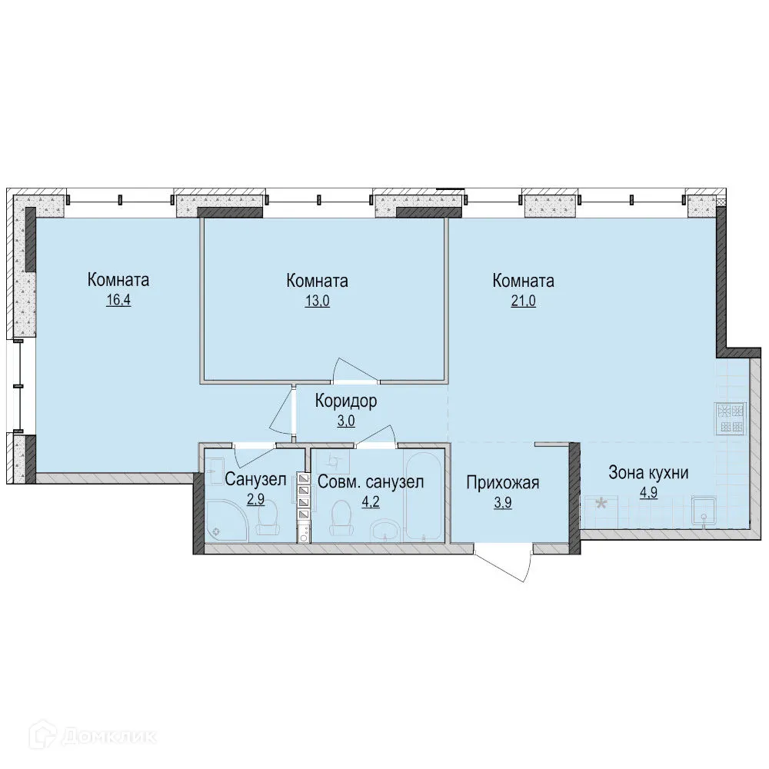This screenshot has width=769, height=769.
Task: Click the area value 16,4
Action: pyautogui.click(x=118, y=300)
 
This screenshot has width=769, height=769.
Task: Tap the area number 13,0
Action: pyautogui.click(x=318, y=301)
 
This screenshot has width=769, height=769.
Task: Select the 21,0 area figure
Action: pyautogui.click(x=523, y=301)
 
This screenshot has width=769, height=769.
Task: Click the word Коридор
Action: pyautogui.click(x=346, y=401)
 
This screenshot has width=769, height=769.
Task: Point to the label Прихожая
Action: pyautogui.click(x=503, y=483)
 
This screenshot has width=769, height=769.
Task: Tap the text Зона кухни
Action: pyautogui.click(x=648, y=472)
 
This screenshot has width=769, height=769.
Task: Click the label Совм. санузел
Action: pyautogui.click(x=371, y=482)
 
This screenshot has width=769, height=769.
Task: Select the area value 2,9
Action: pyautogui.click(x=255, y=500)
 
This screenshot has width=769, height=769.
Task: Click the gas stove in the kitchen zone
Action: pyautogui.click(x=731, y=418)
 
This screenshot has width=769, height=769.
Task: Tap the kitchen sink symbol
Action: pyautogui.click(x=704, y=511)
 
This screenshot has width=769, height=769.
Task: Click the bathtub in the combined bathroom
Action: pyautogui.click(x=423, y=496)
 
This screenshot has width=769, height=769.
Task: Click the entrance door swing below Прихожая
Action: pyautogui.click(x=505, y=563)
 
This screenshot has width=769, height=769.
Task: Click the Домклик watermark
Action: pyautogui.click(x=93, y=736)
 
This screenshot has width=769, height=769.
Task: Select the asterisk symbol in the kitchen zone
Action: pyautogui.click(x=601, y=504)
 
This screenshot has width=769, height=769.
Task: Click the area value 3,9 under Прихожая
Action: pyautogui.click(x=503, y=503)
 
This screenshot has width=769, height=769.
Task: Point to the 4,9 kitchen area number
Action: pyautogui.click(x=648, y=492)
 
